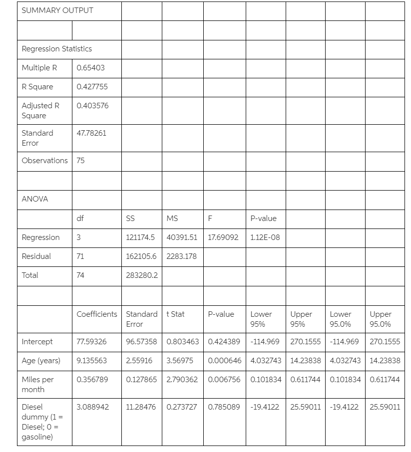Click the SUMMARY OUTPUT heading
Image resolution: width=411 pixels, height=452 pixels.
(57, 10)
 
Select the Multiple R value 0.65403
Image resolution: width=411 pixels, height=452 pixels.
(90, 68)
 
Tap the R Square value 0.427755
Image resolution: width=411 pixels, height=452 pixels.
(92, 87)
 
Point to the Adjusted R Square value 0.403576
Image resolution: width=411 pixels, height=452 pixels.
(92, 106)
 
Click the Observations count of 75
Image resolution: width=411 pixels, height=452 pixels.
(80, 161)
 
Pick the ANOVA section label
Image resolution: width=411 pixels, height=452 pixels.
(35, 199)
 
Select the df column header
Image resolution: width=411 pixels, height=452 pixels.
(80, 218)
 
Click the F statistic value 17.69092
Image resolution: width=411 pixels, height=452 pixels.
(223, 237)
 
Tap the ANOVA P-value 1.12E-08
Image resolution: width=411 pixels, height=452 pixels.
(265, 237)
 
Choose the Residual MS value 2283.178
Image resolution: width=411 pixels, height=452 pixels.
(182, 256)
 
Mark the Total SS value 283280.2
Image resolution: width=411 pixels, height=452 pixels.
(142, 275)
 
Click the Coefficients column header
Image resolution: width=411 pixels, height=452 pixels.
(97, 314)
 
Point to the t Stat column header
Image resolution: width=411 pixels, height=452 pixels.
(175, 314)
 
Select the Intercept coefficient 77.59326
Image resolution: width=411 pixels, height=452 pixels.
(91, 342)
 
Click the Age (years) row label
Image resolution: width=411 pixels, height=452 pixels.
(41, 361)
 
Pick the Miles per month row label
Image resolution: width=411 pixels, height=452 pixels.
(37, 385)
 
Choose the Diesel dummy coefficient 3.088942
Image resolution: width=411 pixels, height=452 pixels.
(92, 407)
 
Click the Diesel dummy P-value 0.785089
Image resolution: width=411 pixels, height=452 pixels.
(224, 407)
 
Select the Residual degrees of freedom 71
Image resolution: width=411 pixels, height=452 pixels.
(80, 256)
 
